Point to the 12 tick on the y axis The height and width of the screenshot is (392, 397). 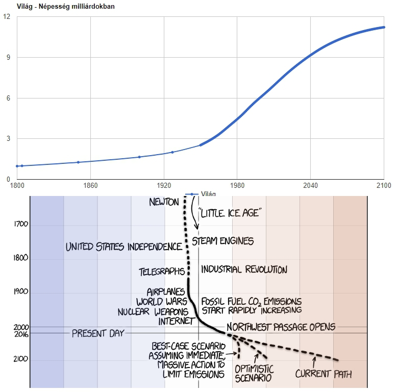click(x=7, y=16)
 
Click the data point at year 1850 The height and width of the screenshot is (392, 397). click(x=78, y=162)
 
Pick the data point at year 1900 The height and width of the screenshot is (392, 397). click(x=139, y=157)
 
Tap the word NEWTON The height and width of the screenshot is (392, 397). click(x=164, y=202)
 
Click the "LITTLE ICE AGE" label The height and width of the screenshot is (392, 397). click(x=231, y=213)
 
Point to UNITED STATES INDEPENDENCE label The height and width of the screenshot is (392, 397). click(x=124, y=247)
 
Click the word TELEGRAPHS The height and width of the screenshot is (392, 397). click(x=161, y=272)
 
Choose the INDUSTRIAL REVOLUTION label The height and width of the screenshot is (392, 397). click(x=244, y=269)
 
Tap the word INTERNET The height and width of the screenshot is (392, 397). click(x=176, y=321)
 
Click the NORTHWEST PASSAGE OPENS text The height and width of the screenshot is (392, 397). click(x=281, y=327)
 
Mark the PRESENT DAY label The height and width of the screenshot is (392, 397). click(x=98, y=334)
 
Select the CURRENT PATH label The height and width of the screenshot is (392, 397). click(x=324, y=374)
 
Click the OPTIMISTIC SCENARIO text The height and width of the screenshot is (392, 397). click(x=254, y=373)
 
